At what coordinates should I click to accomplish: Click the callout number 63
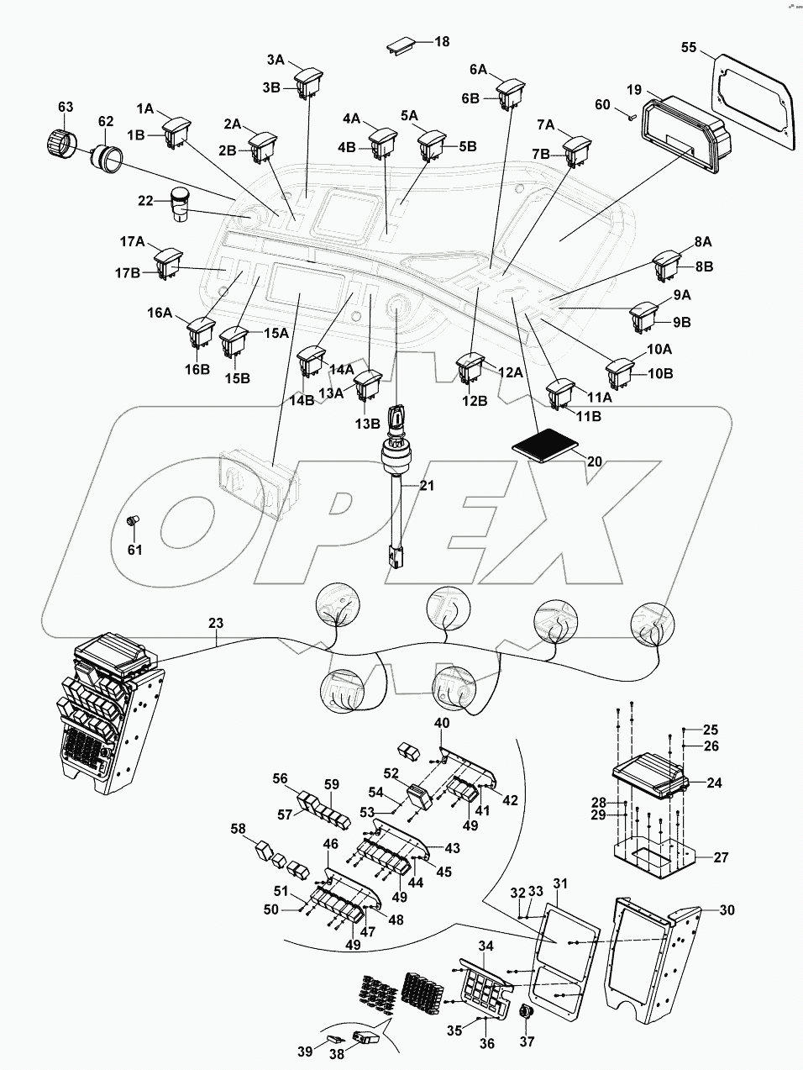[66, 107]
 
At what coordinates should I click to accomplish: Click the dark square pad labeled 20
[545, 444]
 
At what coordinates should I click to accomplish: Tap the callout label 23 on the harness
[216, 624]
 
